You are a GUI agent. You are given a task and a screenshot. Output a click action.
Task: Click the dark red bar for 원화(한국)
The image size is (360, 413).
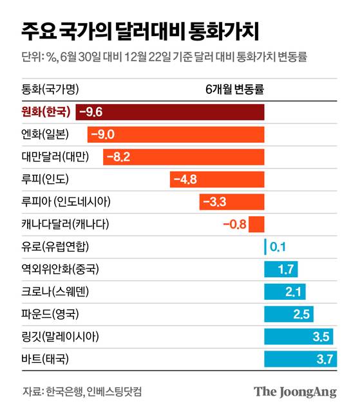[x=170, y=112]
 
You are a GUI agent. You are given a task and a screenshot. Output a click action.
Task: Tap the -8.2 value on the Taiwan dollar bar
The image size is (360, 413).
[x=118, y=157]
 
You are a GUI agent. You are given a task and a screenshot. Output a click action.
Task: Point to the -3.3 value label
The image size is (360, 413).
[x=214, y=202]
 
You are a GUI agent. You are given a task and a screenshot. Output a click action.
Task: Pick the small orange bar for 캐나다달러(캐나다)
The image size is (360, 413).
[x=256, y=225]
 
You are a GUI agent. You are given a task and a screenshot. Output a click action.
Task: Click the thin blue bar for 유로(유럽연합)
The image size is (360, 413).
[x=265, y=247]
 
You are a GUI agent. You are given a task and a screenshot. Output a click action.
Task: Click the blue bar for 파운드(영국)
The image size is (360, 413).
[x=289, y=315]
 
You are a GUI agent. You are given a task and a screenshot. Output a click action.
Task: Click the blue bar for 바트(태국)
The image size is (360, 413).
[x=301, y=359]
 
